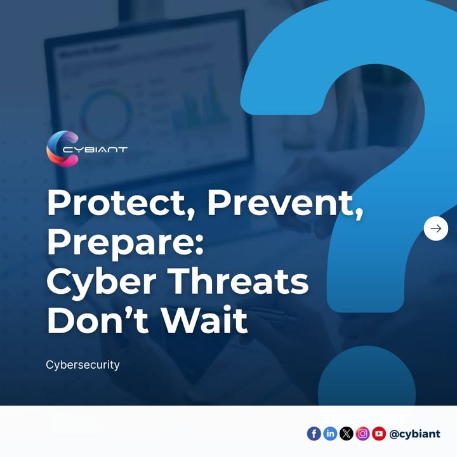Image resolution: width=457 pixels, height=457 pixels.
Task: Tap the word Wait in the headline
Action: [x=204, y=321]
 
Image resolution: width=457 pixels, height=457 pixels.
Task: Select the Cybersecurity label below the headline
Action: [x=83, y=366]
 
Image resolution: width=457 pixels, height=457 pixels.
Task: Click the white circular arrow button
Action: [x=435, y=228]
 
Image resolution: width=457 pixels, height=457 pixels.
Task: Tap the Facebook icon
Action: [x=314, y=434]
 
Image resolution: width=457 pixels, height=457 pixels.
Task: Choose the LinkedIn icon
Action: [x=330, y=434]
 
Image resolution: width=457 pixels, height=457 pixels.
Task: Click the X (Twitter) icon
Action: [x=346, y=434]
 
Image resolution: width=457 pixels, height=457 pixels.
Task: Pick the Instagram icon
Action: [x=362, y=434]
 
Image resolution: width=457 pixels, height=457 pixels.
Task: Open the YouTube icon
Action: [x=379, y=434]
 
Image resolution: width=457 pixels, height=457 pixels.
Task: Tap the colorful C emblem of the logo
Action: [x=62, y=149]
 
